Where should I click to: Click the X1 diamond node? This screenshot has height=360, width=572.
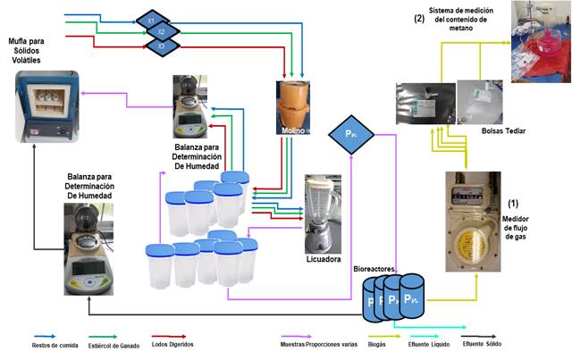tap(151, 19)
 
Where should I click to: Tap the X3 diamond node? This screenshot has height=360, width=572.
tap(161, 44)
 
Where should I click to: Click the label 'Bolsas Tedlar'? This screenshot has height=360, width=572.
tap(503, 130)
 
